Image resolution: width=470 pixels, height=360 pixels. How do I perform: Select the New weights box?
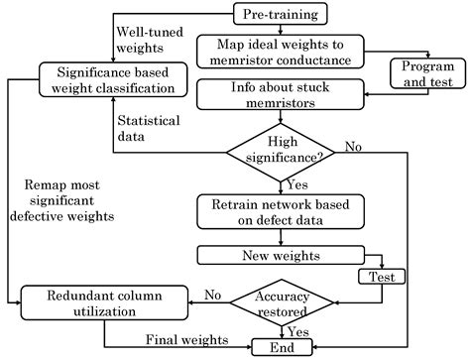(279, 256)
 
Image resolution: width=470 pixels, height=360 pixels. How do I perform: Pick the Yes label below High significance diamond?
(295, 183)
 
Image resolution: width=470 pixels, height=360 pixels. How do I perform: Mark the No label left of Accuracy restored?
(211, 294)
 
